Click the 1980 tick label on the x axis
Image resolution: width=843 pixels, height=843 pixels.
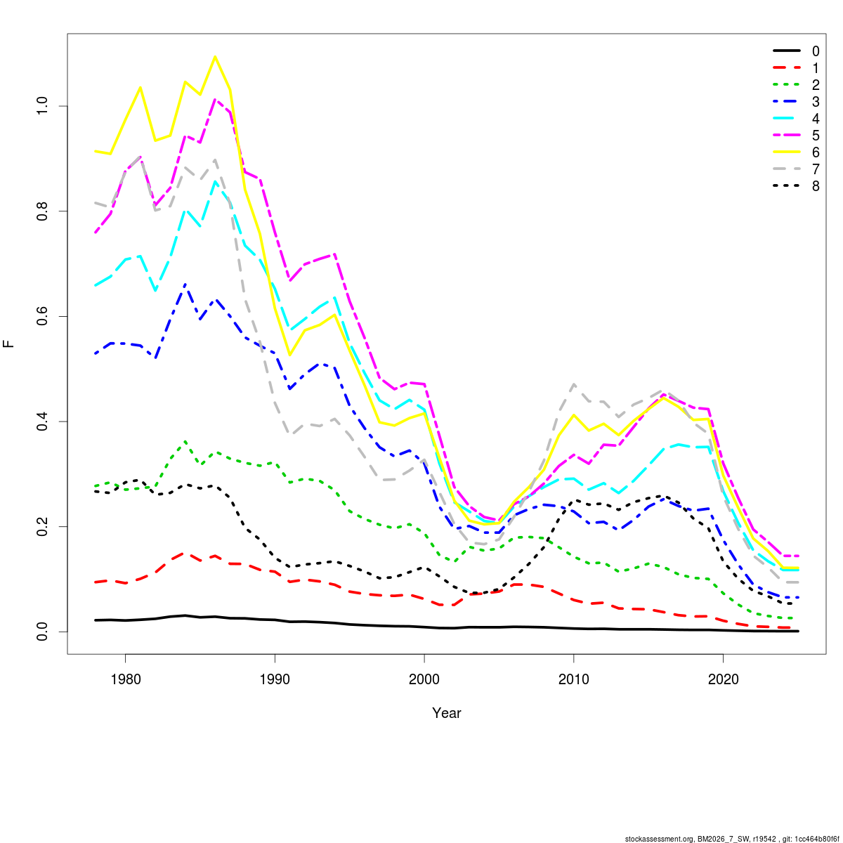tap(125, 679)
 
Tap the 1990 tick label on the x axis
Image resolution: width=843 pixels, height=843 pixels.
tap(275, 679)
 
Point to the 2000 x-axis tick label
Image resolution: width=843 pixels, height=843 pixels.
tap(424, 679)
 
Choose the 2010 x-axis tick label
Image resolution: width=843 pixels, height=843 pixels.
tap(574, 679)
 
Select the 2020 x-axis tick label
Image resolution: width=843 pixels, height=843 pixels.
tap(724, 679)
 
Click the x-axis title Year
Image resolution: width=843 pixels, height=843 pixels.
tap(447, 713)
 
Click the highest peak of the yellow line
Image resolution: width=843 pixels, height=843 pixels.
tap(215, 56)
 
